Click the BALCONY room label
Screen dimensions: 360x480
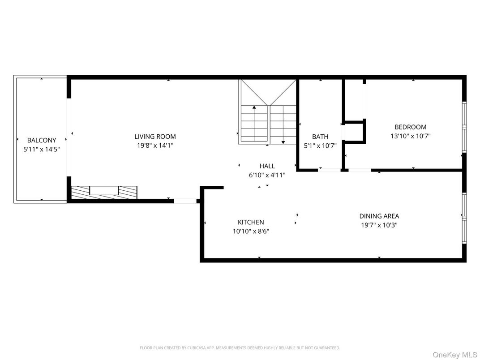(x=42, y=140)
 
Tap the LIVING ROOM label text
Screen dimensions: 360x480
(x=155, y=137)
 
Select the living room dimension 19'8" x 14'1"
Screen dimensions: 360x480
(x=155, y=145)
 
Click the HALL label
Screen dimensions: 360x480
(x=267, y=166)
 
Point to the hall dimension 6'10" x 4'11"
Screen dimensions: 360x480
(x=267, y=175)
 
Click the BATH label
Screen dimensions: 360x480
(x=320, y=137)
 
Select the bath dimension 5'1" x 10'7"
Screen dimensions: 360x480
(x=320, y=145)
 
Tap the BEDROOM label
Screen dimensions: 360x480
(x=410, y=127)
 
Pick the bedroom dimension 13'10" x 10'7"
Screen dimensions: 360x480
(x=410, y=136)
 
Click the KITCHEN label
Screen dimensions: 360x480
(x=250, y=222)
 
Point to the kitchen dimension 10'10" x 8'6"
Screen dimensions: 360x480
(x=250, y=231)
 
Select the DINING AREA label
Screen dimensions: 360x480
(x=379, y=216)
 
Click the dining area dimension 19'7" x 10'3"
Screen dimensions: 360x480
(x=379, y=225)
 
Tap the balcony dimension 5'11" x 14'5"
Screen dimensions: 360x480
(x=42, y=149)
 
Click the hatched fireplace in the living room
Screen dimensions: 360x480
(x=104, y=192)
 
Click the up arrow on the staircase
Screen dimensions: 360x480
(x=254, y=107)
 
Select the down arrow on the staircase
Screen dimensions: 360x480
(x=283, y=142)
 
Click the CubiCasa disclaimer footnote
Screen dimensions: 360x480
(x=240, y=347)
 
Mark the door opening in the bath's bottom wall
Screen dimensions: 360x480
(x=330, y=170)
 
